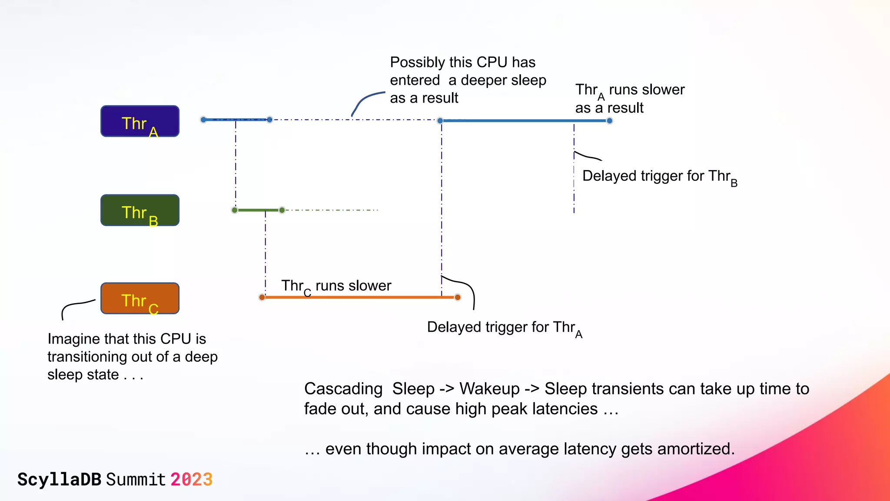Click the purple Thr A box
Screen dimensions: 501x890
tap(140, 121)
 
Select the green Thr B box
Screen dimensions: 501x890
tap(140, 210)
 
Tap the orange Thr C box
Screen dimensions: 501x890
tap(140, 298)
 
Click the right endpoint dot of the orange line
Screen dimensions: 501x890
tap(458, 297)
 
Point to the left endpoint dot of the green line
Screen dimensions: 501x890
tap(235, 210)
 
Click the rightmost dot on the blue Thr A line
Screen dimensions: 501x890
tap(610, 121)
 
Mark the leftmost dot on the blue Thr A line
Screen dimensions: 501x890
tap(203, 120)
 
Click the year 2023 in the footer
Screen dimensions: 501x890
tap(191, 480)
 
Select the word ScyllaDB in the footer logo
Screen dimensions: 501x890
tap(59, 480)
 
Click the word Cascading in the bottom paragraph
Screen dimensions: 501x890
tap(343, 389)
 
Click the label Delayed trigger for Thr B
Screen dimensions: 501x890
tap(659, 177)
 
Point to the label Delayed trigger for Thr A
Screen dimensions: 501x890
tap(504, 327)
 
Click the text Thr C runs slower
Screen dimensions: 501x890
tap(336, 286)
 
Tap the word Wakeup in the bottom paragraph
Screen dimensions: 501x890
tap(489, 389)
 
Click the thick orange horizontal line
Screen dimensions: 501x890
tap(361, 297)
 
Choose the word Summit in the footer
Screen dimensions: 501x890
tap(136, 480)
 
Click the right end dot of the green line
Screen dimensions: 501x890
tap(282, 210)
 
